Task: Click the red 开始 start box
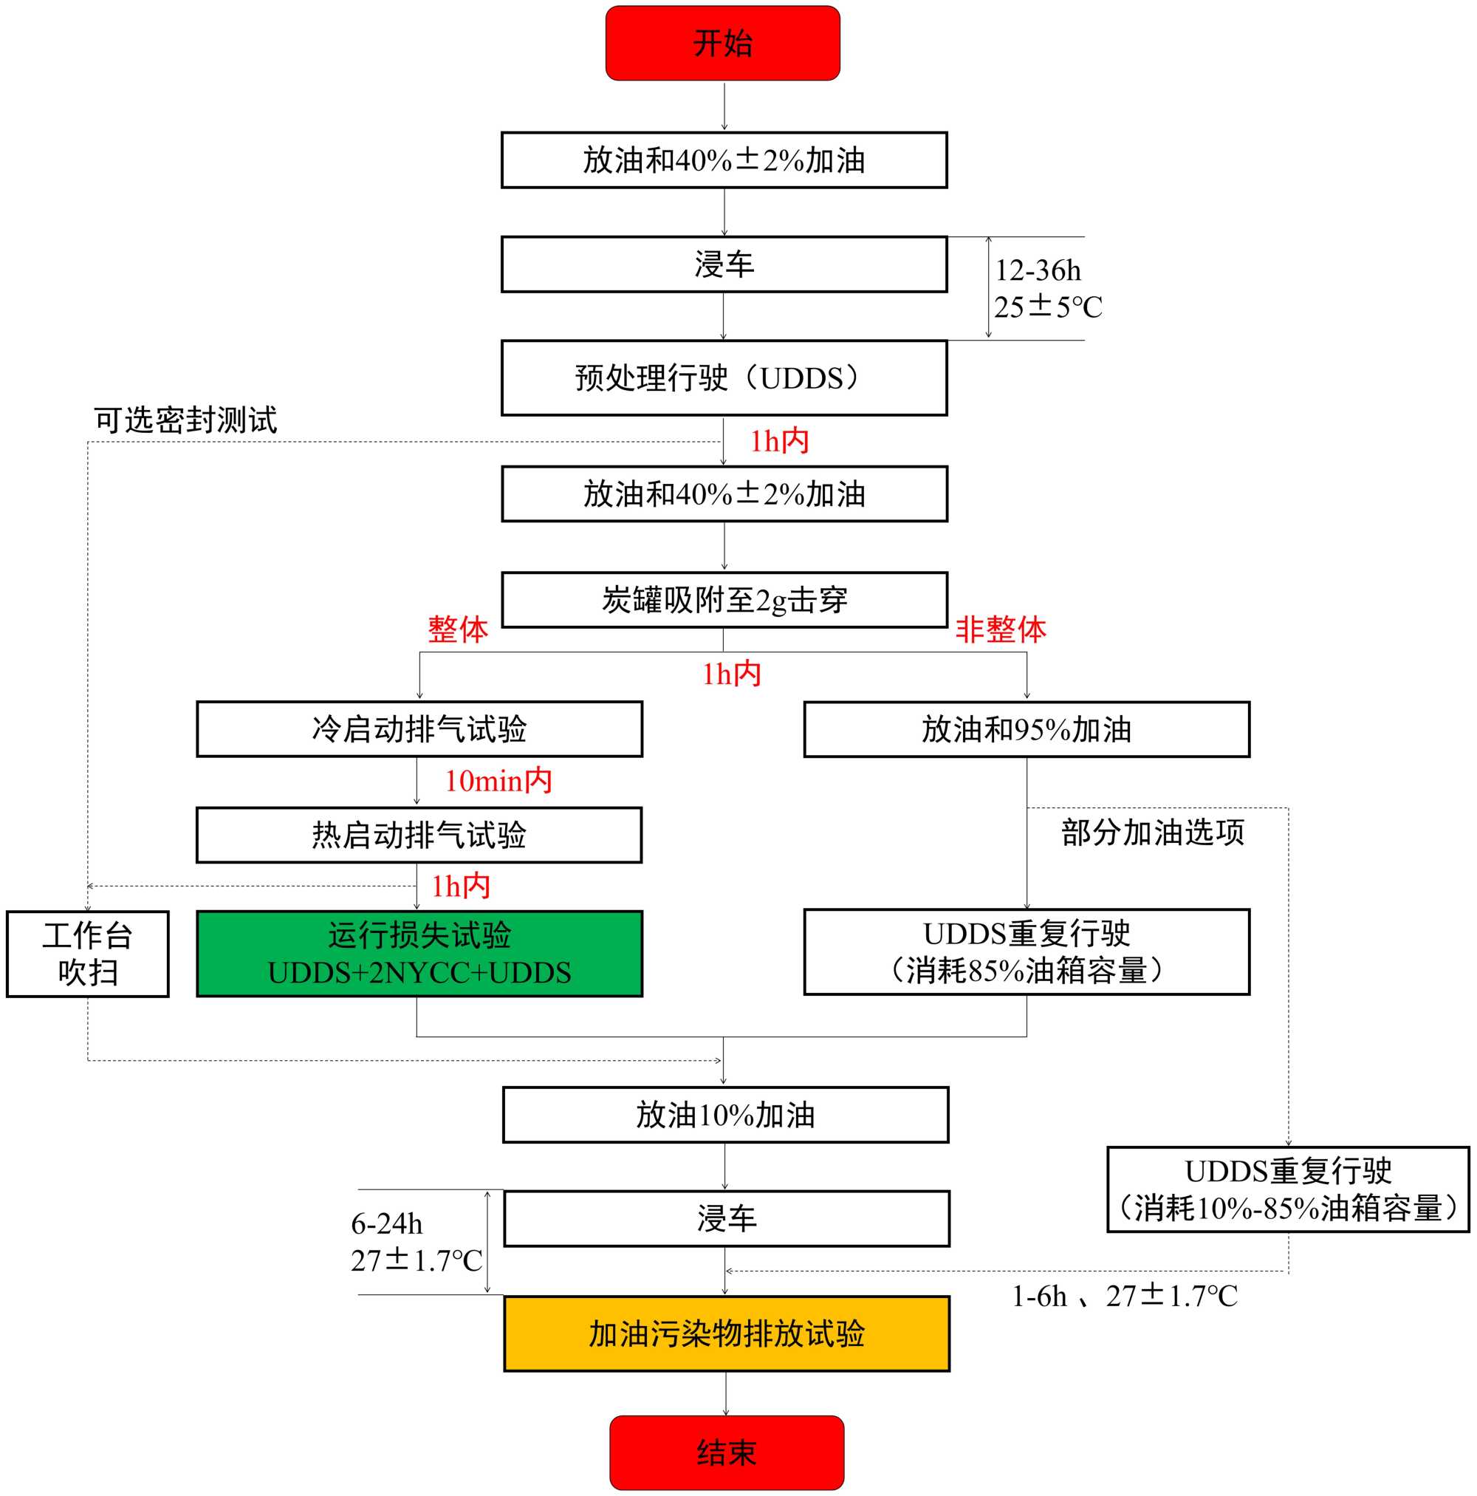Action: coord(722,44)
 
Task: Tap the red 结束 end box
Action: coord(726,1452)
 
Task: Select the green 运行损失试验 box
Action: coord(419,953)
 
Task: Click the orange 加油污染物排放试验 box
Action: coord(726,1333)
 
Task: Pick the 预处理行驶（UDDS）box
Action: coord(724,378)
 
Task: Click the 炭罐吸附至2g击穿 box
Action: coord(724,600)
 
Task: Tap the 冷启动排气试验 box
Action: coord(419,728)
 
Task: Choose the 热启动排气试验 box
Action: coord(419,835)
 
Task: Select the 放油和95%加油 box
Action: coord(1026,728)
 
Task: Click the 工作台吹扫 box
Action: coord(87,953)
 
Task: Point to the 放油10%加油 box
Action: coord(725,1115)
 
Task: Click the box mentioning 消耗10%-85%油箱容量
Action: coord(1287,1189)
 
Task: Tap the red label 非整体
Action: coord(1000,629)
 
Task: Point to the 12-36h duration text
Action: coord(1038,270)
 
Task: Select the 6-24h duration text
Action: coord(386,1223)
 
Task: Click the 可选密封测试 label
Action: coord(185,420)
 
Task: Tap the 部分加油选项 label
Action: coord(1152,833)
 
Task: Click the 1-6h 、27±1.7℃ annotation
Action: coord(1124,1297)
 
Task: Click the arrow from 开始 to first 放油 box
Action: coord(724,106)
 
